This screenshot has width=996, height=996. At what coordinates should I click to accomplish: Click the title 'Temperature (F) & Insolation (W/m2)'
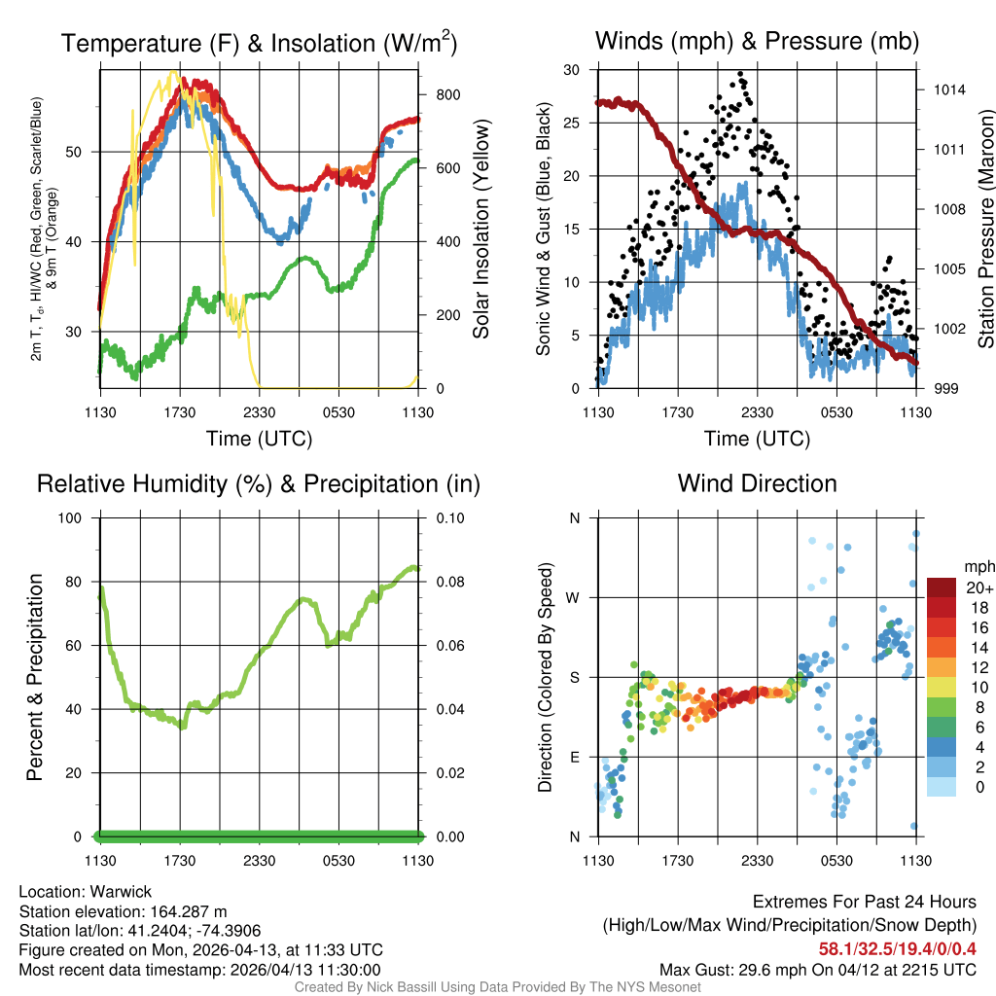(259, 43)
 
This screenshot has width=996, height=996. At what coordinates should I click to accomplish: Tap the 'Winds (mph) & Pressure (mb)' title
(757, 41)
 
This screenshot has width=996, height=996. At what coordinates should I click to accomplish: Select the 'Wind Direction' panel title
(757, 483)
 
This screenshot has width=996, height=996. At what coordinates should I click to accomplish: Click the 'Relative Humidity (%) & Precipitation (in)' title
(259, 483)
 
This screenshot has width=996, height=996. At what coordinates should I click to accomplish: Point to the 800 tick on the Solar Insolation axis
(437, 94)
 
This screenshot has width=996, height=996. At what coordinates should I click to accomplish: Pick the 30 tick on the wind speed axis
(572, 70)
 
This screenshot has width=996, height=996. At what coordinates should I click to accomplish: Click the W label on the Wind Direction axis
(574, 597)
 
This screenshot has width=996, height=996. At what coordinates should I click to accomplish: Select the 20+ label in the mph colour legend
(978, 587)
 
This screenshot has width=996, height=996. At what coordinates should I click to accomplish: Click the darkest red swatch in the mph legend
(942, 587)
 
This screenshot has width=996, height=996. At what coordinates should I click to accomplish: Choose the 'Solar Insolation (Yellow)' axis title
(480, 229)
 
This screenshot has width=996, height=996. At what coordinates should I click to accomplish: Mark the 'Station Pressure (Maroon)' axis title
(984, 229)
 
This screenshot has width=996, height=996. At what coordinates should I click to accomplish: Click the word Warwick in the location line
(123, 891)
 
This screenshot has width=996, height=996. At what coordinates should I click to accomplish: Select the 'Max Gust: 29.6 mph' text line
(817, 969)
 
